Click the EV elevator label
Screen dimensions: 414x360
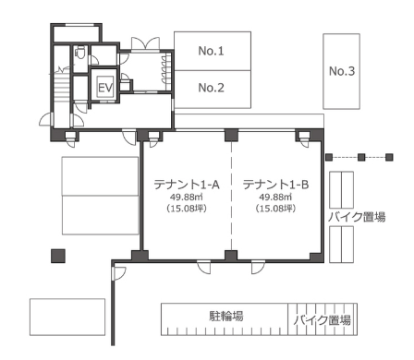(x=105, y=88)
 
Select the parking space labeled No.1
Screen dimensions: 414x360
(x=213, y=51)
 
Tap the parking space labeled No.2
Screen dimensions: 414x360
(x=213, y=90)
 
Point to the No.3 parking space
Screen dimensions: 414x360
(x=342, y=71)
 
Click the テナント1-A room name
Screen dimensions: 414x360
(x=187, y=185)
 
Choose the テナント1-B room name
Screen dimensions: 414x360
(x=275, y=185)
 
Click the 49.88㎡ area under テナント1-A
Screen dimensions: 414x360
(x=186, y=197)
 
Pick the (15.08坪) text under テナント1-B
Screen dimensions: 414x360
(x=275, y=209)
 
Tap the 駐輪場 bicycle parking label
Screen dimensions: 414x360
(x=226, y=316)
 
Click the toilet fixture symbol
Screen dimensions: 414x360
(x=80, y=53)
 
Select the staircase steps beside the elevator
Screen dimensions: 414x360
(x=61, y=90)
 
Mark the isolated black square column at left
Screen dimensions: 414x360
(x=58, y=256)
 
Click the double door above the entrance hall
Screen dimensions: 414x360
(x=146, y=43)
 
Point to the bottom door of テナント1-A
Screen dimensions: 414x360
(x=204, y=267)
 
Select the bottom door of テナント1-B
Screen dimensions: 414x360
(x=258, y=267)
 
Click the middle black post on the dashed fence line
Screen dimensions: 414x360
(x=361, y=158)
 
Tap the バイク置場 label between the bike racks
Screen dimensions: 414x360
(x=357, y=217)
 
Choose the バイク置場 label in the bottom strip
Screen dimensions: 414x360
(x=323, y=320)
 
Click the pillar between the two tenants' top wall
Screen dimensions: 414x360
(x=231, y=135)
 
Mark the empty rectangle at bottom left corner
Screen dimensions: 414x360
(x=67, y=317)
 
